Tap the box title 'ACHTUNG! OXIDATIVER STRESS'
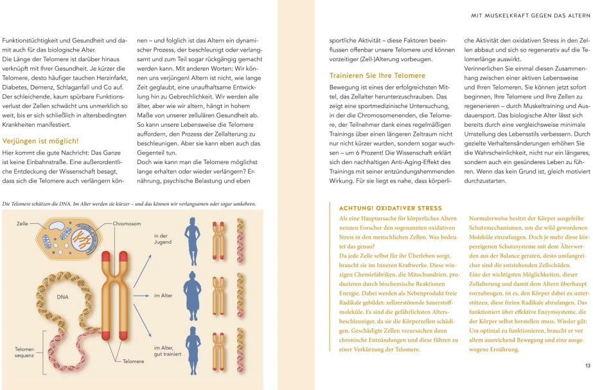click(x=390, y=209)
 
